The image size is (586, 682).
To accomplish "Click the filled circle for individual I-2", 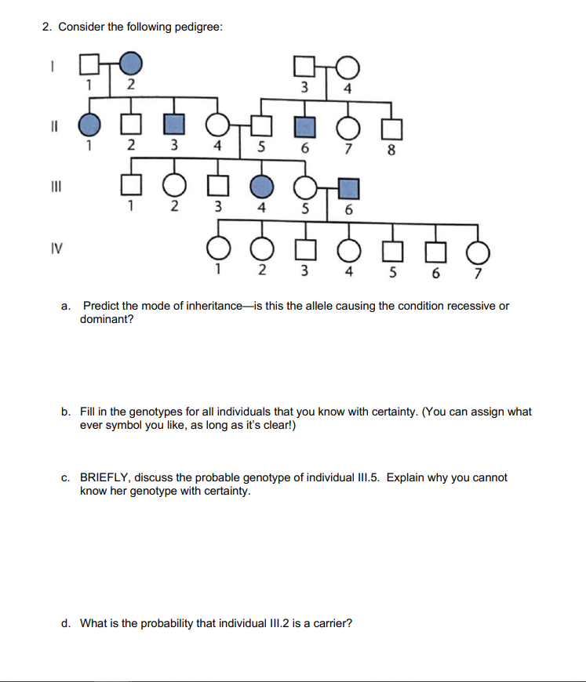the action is pyautogui.click(x=132, y=61).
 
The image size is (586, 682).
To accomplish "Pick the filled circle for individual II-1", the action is pyautogui.click(x=91, y=124).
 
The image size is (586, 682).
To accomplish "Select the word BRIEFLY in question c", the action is pyautogui.click(x=108, y=477).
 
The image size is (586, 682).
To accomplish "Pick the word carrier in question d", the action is pyautogui.click(x=328, y=624).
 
